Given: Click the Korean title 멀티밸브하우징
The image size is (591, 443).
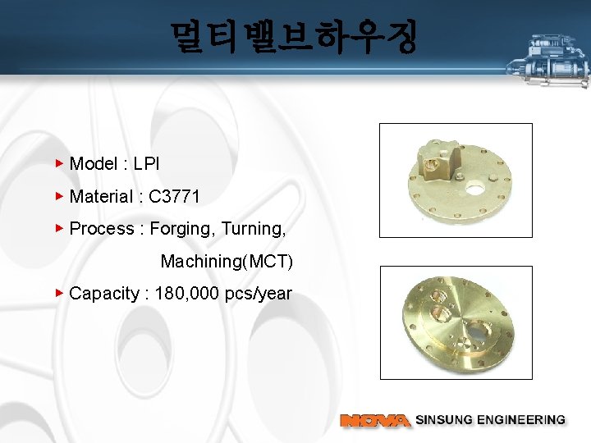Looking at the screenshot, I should tap(294, 37).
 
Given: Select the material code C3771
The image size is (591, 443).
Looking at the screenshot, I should tap(174, 196).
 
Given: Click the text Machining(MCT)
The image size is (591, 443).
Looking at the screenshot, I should tap(227, 262).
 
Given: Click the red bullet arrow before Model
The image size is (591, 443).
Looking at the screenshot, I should tap(59, 163).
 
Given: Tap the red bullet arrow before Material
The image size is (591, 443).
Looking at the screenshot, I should tap(59, 196).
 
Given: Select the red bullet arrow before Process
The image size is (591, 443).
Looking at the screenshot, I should tap(59, 228).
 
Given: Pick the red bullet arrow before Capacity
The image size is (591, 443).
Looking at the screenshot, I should tap(59, 293).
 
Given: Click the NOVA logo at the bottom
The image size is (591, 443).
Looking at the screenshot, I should tap(375, 420).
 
